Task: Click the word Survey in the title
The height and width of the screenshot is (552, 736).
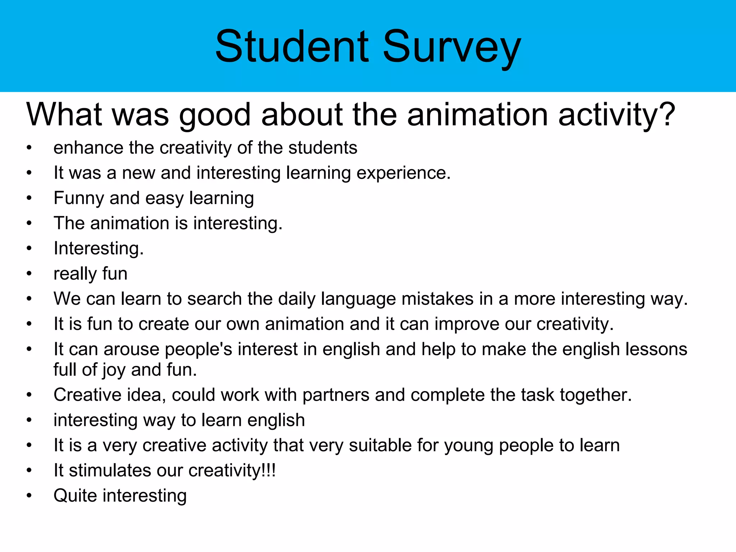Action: pyautogui.click(x=452, y=49)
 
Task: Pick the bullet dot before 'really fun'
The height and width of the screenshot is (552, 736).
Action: pyautogui.click(x=29, y=274)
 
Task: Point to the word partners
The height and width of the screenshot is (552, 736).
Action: pyautogui.click(x=336, y=395)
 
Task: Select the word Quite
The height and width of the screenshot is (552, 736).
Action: pyautogui.click(x=75, y=496)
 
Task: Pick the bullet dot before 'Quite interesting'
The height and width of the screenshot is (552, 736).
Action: pyautogui.click(x=29, y=496)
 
